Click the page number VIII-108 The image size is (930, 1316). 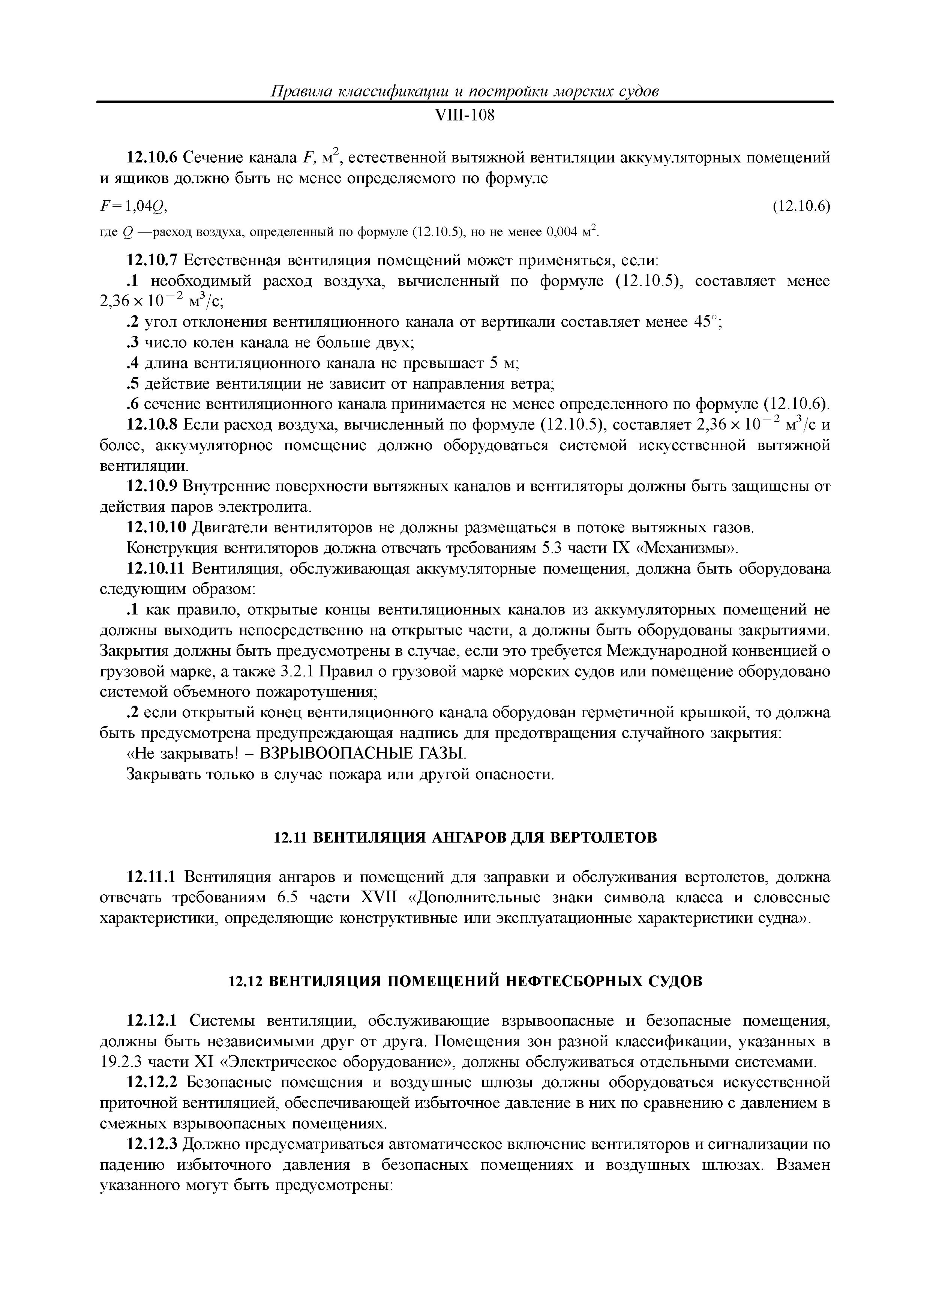(x=465, y=116)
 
